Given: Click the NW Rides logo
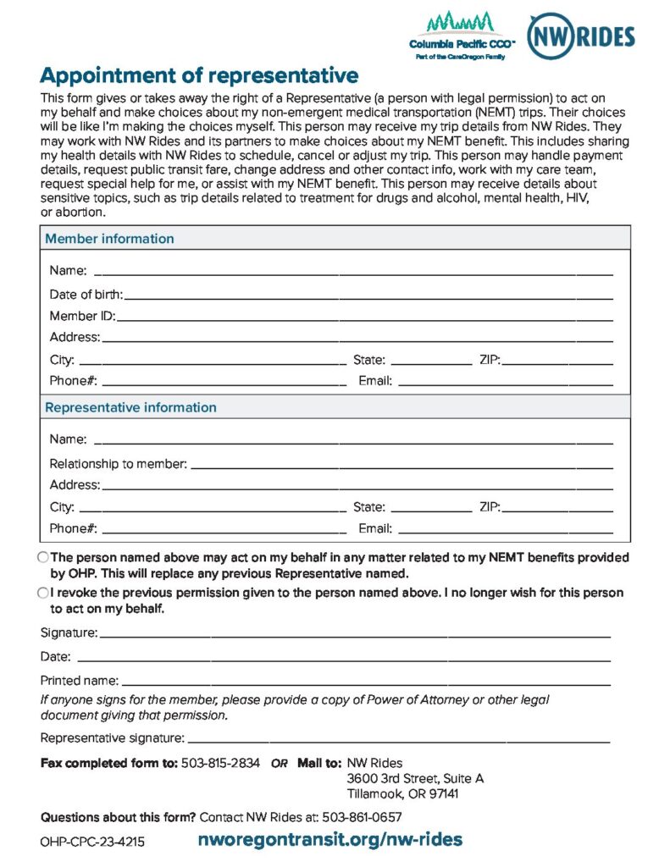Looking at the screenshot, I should [580, 35].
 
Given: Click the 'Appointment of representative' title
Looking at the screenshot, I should [199, 75].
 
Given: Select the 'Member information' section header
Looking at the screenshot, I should [109, 239].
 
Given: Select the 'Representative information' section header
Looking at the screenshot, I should [130, 407].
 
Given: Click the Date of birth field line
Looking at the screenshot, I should [368, 297].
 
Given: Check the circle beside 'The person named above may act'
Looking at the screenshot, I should [43, 558].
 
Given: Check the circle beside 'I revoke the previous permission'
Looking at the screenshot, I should [43, 594].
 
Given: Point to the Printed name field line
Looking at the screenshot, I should [365, 682].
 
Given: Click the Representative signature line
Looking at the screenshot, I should [398, 740].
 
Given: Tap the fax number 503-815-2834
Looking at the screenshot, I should [220, 763].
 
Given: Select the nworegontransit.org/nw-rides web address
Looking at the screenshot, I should [329, 840].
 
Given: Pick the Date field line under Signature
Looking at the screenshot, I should [343, 659].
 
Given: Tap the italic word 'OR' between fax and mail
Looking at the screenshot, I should [280, 764].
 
